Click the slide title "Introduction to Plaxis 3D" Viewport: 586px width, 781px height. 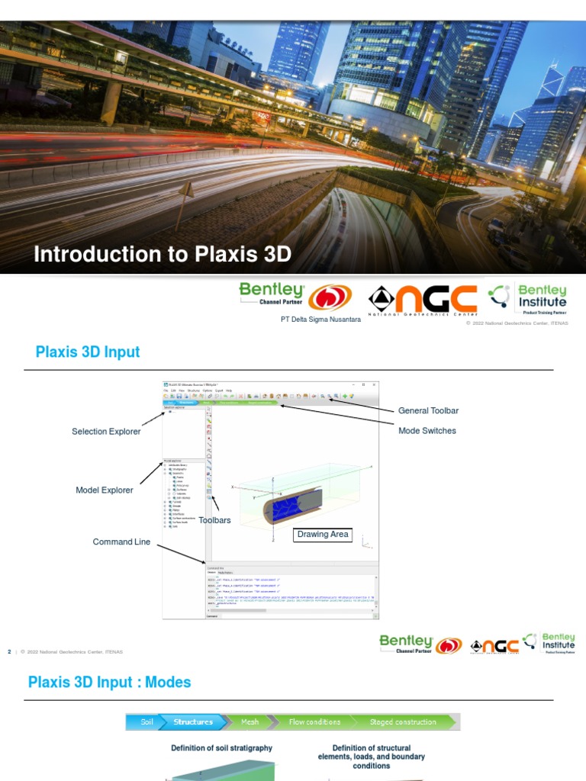pyautogui.click(x=163, y=254)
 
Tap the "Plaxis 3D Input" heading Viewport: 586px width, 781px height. pyautogui.click(x=88, y=352)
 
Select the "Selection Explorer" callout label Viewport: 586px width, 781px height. pyautogui.click(x=106, y=432)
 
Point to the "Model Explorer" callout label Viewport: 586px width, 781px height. pyautogui.click(x=105, y=490)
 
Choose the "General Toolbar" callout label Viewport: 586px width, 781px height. pyautogui.click(x=428, y=411)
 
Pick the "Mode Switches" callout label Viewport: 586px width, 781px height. pyautogui.click(x=427, y=431)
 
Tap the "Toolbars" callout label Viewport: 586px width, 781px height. pyautogui.click(x=214, y=520)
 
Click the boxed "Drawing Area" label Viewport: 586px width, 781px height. pyautogui.click(x=323, y=535)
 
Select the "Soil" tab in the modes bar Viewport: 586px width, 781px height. pyautogui.click(x=146, y=722)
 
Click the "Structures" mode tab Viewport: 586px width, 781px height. pyautogui.click(x=193, y=722)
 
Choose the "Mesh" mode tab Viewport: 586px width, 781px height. pyautogui.click(x=250, y=722)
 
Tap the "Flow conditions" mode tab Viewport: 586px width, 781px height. pyautogui.click(x=314, y=722)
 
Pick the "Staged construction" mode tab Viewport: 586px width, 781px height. pyautogui.click(x=403, y=722)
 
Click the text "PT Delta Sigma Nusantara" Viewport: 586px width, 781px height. pyautogui.click(x=321, y=320)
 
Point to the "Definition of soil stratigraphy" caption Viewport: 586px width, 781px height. pyautogui.click(x=221, y=748)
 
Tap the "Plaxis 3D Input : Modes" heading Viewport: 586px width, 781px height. pyautogui.click(x=110, y=682)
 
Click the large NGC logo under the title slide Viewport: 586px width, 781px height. pyautogui.click(x=423, y=299)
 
